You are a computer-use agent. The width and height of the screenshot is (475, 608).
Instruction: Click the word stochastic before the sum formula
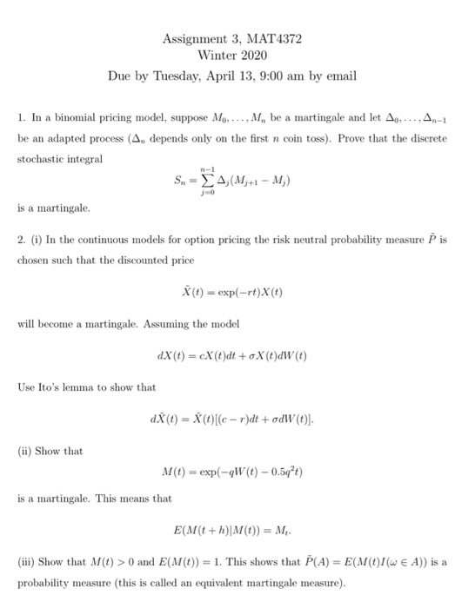click(x=41, y=159)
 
